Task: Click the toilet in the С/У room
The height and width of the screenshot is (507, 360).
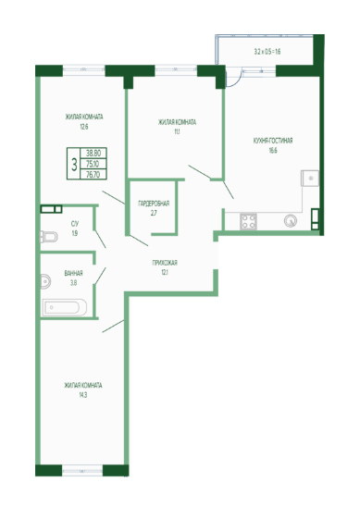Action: [48, 237]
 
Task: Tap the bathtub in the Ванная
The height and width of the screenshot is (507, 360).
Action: [65, 307]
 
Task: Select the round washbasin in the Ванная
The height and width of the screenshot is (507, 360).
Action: [45, 281]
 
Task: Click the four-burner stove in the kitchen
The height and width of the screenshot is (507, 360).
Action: [248, 221]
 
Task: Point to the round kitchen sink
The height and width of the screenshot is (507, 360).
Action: [291, 221]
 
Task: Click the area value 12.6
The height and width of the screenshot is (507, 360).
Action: [84, 127]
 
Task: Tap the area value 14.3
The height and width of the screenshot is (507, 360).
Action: [82, 395]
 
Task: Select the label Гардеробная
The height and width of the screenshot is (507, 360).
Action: [154, 204]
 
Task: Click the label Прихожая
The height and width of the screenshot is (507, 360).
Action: [165, 263]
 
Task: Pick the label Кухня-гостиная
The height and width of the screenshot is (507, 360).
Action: [273, 141]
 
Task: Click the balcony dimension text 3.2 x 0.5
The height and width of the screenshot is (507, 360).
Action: [263, 52]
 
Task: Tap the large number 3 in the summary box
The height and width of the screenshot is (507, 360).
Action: [74, 165]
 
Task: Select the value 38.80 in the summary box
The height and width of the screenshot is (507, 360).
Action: [93, 153]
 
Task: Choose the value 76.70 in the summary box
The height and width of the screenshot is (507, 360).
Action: [93, 175]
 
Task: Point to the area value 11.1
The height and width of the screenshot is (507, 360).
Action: [177, 131]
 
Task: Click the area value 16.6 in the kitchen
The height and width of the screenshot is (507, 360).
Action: [273, 151]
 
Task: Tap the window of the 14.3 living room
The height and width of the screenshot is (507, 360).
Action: [82, 471]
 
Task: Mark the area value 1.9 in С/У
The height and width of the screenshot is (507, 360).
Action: [75, 233]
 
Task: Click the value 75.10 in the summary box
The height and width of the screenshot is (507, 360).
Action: [93, 164]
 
